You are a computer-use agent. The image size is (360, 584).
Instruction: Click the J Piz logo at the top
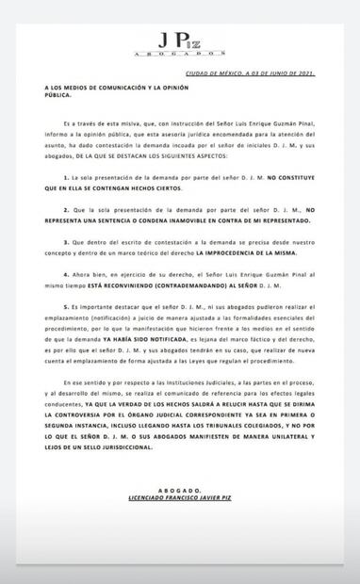coord(181,40)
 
